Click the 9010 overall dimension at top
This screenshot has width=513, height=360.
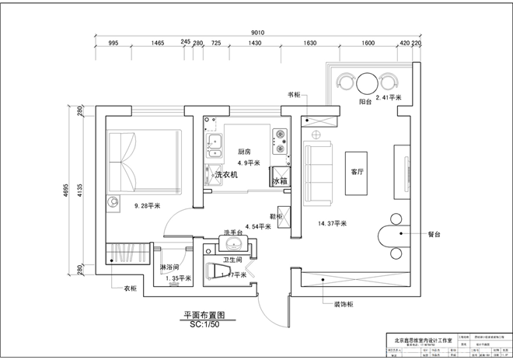point(258,32)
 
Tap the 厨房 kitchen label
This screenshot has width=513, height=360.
point(244,152)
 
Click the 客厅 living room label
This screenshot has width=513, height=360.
point(358,172)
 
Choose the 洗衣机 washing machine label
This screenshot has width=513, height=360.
point(226,176)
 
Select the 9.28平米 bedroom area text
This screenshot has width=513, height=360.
point(147,206)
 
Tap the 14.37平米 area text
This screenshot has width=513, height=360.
point(333,223)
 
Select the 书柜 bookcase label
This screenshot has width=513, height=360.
point(294,95)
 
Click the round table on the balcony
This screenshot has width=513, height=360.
point(366,81)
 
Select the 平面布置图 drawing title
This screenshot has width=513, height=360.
point(204,316)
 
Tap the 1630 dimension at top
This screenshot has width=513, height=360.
point(310,44)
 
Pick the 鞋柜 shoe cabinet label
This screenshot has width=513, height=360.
point(275,216)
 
